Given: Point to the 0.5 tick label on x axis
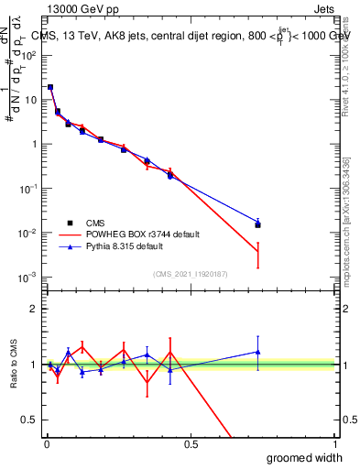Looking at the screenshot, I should pyautogui.click(x=191, y=444).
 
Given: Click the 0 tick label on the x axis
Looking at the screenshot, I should pyautogui.click(x=47, y=444).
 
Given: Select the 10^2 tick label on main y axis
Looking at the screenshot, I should pyautogui.click(x=29, y=55).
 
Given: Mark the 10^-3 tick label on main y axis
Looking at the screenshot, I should pyautogui.click(x=29, y=278).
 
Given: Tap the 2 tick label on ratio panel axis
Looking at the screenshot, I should pyautogui.click(x=33, y=309).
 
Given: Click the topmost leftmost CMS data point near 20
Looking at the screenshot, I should pyautogui.click(x=50, y=87).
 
